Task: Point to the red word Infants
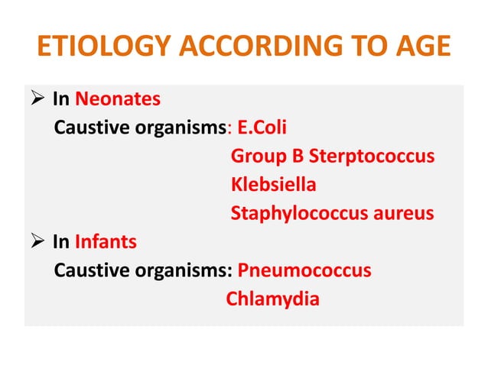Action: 106,242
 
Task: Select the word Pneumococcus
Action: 304,271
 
